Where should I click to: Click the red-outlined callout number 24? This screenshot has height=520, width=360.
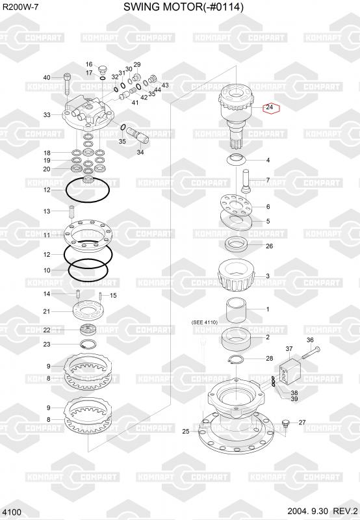coord(270,107)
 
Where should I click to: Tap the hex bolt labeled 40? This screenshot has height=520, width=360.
coord(67,84)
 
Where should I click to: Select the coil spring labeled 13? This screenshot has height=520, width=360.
coord(71,213)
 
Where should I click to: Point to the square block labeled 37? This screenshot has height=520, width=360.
coord(290,371)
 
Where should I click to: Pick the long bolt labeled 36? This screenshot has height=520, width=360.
coord(311,352)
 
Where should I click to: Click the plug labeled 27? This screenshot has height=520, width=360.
coord(285,424)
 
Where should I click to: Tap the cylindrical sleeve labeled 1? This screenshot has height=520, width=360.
coord(237,311)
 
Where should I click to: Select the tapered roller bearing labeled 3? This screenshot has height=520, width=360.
coord(237,275)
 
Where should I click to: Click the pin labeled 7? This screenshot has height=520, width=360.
coord(245,181)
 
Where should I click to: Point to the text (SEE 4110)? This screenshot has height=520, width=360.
coord(205,322)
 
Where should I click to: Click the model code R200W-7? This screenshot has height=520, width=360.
coord(20,6)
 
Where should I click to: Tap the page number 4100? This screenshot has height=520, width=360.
coord(12,512)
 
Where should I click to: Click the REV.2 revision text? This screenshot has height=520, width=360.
coord(346,511)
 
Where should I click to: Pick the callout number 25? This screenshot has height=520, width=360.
coord(186,431)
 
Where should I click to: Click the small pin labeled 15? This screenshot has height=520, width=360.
coord(100,295)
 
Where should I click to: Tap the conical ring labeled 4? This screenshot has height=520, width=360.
coord(237,159)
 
